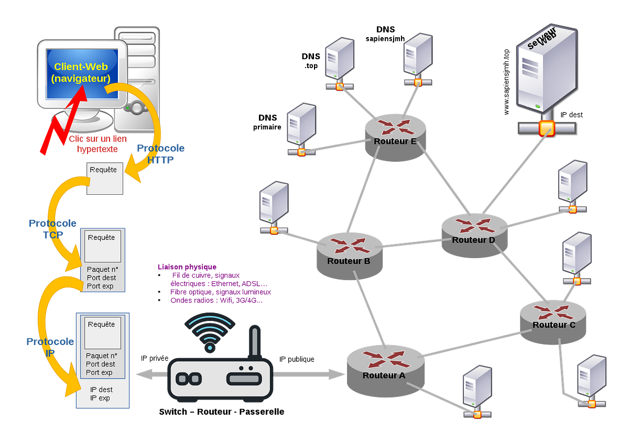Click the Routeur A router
point(386,371)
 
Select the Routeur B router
point(350,256)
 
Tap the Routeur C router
point(553,323)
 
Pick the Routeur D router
point(474,236)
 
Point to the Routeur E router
point(395,138)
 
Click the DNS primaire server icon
point(301,129)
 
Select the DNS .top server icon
point(340,64)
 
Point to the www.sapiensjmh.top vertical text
point(506,82)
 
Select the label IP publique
point(297,359)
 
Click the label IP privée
point(155,358)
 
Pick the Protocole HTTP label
point(160,154)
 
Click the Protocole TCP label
point(52,229)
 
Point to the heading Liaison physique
point(187,267)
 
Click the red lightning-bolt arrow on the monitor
point(64,120)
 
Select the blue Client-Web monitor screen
point(82,74)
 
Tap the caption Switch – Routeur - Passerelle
point(222,412)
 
